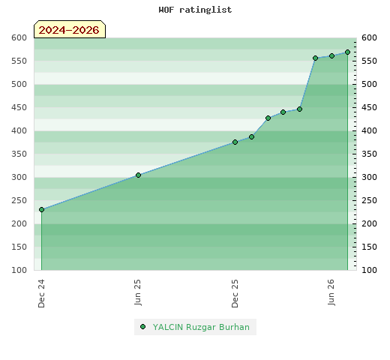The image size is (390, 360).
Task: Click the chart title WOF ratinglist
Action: (195, 10)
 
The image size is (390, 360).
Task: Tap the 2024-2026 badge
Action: (70, 29)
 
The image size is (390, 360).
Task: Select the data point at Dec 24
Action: (41, 209)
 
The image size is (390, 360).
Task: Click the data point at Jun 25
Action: (138, 175)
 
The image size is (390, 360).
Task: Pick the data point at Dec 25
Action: (235, 142)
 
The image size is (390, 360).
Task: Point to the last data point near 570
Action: (347, 52)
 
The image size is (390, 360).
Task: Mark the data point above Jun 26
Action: (331, 55)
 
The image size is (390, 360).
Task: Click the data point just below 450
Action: (299, 109)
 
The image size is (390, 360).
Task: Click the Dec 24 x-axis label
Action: (41, 293)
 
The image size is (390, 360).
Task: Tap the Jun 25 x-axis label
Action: (138, 292)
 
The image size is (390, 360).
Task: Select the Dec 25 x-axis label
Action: (235, 293)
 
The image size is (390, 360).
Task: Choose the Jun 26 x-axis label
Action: (331, 292)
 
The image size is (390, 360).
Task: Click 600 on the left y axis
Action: (19, 37)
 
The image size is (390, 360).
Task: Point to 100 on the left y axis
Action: (19, 270)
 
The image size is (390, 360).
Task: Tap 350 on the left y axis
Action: (19, 154)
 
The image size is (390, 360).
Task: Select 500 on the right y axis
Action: (369, 84)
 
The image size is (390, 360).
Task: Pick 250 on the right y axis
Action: (369, 200)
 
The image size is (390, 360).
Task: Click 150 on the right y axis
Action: (369, 247)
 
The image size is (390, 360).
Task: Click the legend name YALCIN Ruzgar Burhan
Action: (201, 327)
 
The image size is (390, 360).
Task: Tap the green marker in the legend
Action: (142, 327)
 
